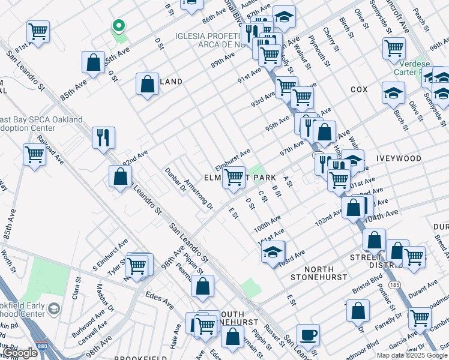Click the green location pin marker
pyautogui.click(x=119, y=26)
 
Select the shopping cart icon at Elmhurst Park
pyautogui.click(x=234, y=177)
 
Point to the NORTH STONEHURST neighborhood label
pyautogui.click(x=319, y=273)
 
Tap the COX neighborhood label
pyautogui.click(x=359, y=89)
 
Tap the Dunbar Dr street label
pyautogui.click(x=176, y=180)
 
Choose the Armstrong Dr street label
pyautogui.click(x=199, y=193)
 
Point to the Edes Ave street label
pyautogui.click(x=160, y=301)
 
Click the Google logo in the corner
pyautogui.click(x=19, y=353)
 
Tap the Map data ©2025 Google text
pyautogui.click(x=412, y=355)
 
